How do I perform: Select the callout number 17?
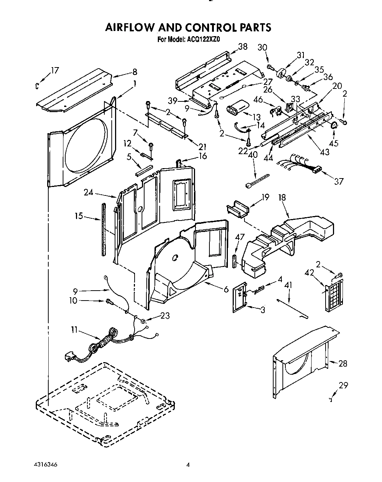click(x=55, y=70)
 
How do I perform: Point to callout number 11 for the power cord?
click(x=74, y=330)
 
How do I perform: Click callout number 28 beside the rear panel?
click(x=343, y=364)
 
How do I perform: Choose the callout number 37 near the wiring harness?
click(x=338, y=181)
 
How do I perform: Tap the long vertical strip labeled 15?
click(x=104, y=229)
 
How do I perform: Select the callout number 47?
click(x=240, y=237)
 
